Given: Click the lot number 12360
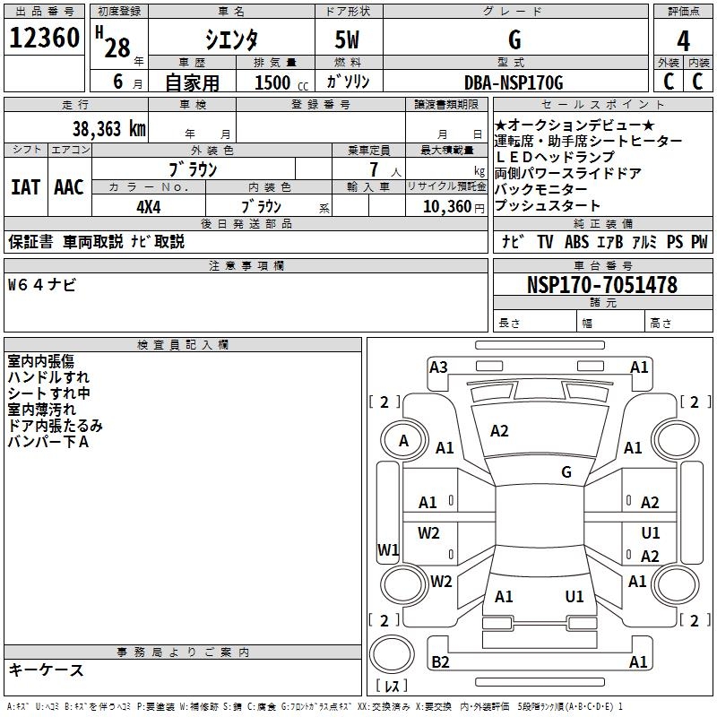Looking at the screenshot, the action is pos(44,39).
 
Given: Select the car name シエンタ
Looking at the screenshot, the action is pos(231,40).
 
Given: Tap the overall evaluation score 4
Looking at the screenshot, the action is pos(684,40).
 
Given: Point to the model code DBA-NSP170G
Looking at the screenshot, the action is pos(514,82).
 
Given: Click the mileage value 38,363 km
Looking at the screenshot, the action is pos(108,129).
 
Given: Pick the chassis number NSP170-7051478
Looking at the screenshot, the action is pos(601,285).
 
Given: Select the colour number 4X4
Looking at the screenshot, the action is pos(148,205).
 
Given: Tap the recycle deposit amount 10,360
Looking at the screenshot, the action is pos(446,206).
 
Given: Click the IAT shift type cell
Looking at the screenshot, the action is pos(25,187).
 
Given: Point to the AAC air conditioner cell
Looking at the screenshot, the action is pos(68,187).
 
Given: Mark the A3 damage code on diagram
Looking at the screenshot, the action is pos(438,367).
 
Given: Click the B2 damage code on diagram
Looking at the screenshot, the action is pos(441,662).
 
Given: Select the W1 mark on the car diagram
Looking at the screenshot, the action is pos(387,549).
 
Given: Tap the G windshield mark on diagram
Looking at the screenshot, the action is pos(566,472).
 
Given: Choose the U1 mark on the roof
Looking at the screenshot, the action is pos(574,596).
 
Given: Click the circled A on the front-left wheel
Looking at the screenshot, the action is pos(403,441).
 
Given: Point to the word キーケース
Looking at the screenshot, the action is pos(47,670).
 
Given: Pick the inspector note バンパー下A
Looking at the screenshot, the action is pos(48,442).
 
